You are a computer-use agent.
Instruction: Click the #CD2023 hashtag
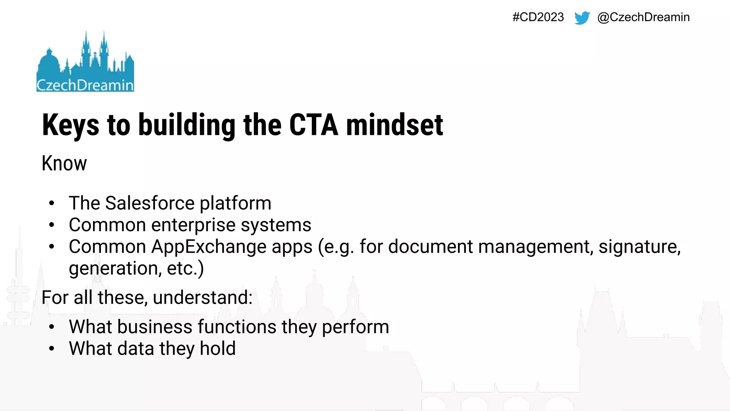[538, 17]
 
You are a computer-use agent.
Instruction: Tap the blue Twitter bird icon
[582, 17]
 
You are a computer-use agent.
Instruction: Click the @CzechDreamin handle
[643, 17]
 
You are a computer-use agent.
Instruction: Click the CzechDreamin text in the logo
[85, 85]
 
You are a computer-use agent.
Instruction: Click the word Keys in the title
[71, 125]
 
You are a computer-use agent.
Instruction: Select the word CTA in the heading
[313, 125]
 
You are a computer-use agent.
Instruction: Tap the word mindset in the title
[394, 125]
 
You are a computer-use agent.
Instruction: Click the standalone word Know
[64, 163]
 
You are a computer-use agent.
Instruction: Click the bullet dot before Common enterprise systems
[52, 225]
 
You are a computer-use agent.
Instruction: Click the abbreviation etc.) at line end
[185, 268]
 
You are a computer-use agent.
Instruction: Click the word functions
[237, 327]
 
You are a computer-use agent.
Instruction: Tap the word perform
[355, 327]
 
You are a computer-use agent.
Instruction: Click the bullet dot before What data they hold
[52, 349]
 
